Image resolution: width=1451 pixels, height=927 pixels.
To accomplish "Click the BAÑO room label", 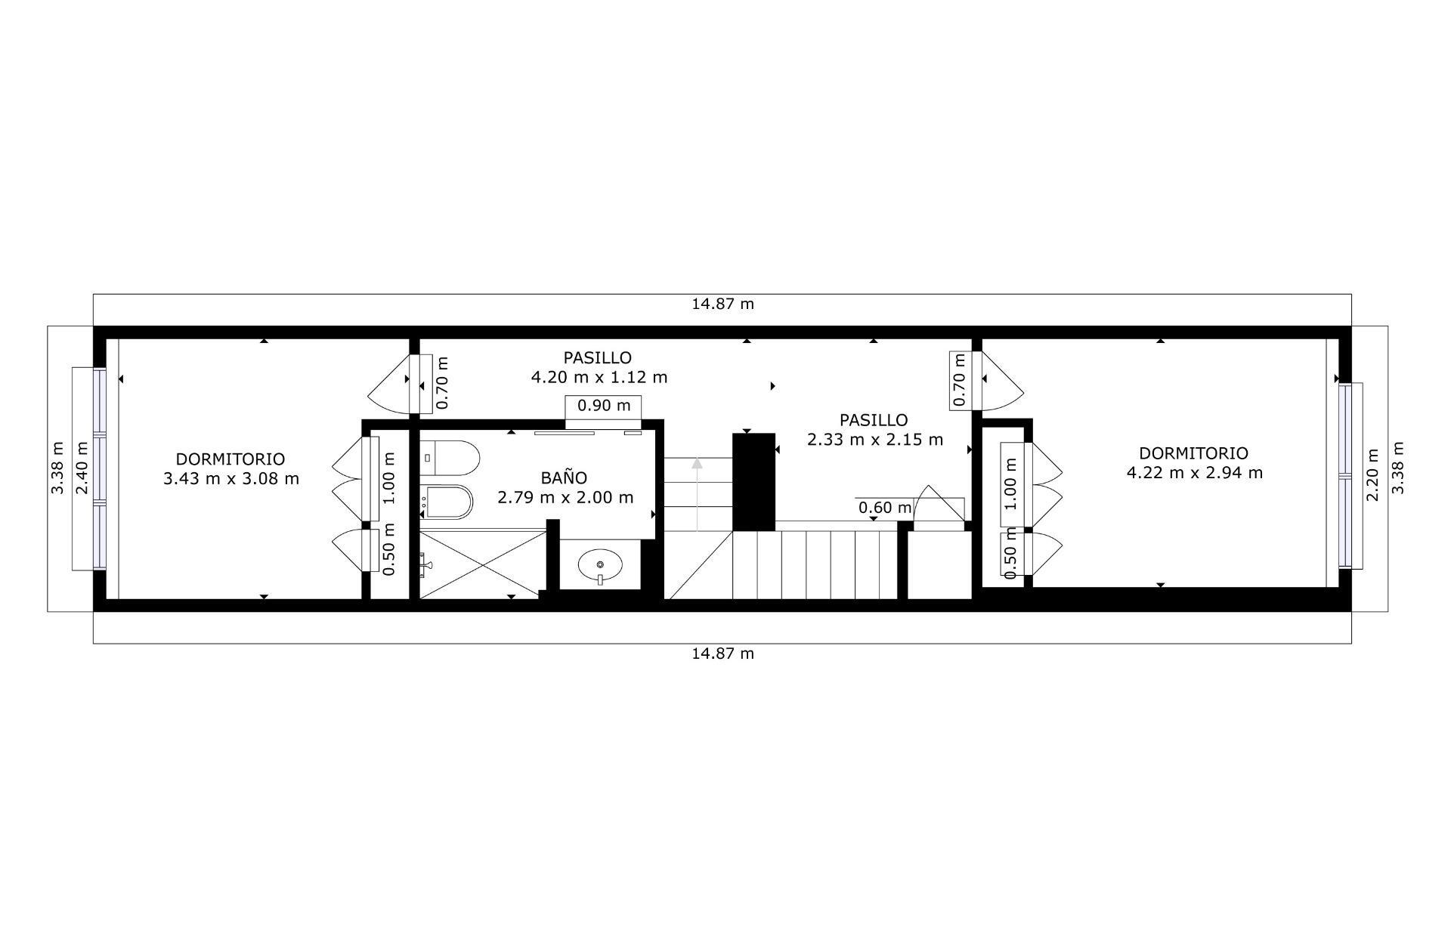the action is point(564,478).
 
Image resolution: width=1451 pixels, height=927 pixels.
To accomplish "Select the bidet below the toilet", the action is point(447,501).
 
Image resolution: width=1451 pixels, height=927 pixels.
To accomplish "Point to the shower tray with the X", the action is point(483,564).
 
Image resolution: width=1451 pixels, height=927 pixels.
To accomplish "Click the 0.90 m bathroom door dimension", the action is point(603,406).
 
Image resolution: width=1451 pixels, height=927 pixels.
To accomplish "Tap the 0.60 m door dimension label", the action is point(885,508).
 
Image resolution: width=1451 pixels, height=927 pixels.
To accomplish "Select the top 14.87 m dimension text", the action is point(723,304).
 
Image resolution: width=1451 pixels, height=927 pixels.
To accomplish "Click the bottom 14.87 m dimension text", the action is point(723,654).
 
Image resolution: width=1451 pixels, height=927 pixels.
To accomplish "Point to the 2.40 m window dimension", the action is point(82,468).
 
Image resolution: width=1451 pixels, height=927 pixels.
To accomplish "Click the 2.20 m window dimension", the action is point(1373,474).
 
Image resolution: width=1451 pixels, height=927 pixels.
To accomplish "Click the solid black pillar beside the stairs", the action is point(754,482).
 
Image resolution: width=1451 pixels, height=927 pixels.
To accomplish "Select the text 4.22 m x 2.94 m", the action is point(1194,473).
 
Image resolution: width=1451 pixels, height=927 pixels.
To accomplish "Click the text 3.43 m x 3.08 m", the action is point(230,479).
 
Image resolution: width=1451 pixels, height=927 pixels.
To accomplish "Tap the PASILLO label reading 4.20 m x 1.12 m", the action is point(599,367).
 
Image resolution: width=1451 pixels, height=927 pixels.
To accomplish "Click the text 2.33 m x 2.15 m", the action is point(875,440).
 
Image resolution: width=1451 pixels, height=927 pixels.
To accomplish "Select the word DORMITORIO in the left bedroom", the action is point(230,459).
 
